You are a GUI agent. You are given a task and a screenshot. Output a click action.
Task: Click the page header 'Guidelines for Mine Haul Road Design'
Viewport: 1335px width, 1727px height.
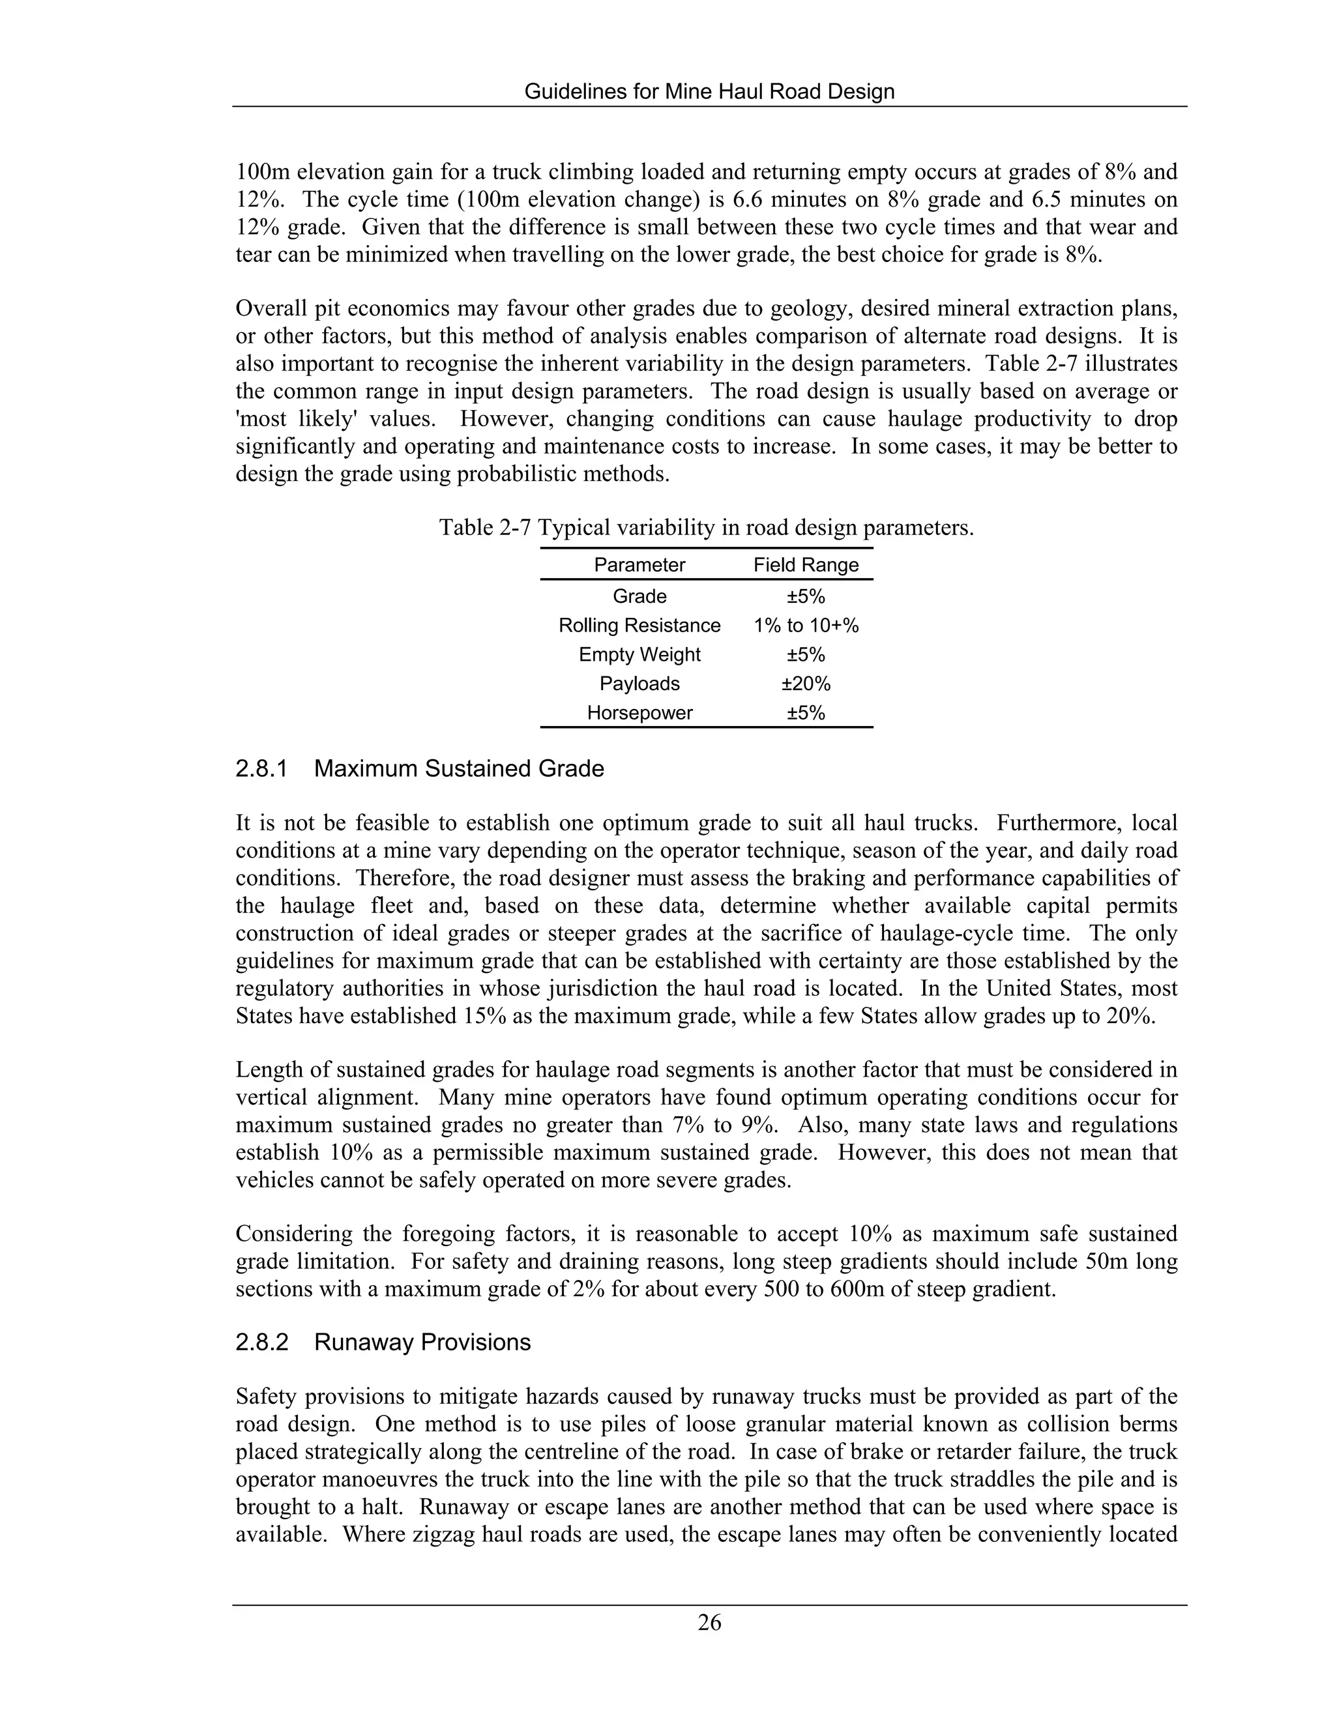[x=709, y=92]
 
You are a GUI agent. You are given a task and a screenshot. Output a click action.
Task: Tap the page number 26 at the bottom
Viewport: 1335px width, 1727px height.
[x=709, y=1623]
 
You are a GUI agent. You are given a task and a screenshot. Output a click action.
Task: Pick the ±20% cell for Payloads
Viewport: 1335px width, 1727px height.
[x=805, y=683]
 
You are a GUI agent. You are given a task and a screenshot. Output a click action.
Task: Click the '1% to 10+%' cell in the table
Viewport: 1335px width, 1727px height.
[x=805, y=626]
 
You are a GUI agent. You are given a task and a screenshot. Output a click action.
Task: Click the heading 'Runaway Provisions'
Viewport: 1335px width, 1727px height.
[x=422, y=1342]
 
